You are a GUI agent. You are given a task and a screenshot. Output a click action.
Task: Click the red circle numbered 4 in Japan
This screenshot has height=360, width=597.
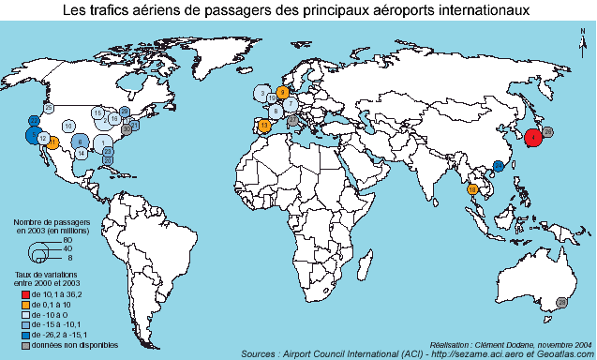(532, 137)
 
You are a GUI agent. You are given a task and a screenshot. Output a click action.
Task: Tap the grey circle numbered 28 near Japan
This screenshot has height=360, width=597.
(549, 130)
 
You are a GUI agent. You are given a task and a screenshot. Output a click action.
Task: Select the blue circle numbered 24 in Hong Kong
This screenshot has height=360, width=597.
(499, 166)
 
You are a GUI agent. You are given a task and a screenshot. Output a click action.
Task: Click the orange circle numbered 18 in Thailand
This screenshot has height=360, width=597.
(472, 189)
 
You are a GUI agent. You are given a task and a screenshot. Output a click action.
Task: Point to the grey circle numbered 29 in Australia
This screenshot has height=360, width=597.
(561, 302)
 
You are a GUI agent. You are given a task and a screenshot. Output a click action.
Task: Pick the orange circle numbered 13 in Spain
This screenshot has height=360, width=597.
(264, 126)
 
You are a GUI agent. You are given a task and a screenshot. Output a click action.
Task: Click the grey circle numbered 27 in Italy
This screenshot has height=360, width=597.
(293, 120)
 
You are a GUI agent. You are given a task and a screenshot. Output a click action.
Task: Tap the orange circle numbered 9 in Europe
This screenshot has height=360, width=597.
(282, 92)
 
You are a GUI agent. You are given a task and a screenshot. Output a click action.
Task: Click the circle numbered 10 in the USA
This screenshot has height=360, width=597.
(68, 126)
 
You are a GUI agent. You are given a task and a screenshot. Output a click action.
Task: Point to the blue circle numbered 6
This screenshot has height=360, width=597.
(81, 142)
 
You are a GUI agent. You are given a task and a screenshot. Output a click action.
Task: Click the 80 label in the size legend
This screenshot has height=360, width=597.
(67, 241)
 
